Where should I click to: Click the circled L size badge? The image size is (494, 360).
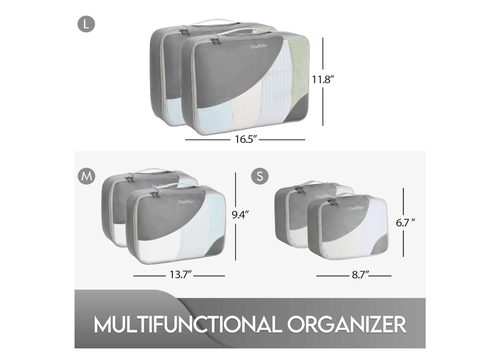pyautogui.click(x=86, y=24)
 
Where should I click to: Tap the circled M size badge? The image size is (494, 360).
pyautogui.click(x=86, y=176)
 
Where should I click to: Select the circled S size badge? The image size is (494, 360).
pyautogui.click(x=260, y=176)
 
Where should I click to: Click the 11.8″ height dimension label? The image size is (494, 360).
pyautogui.click(x=323, y=79)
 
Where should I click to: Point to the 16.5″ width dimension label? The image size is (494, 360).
pyautogui.click(x=246, y=139)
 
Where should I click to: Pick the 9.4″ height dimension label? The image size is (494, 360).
pyautogui.click(x=241, y=215)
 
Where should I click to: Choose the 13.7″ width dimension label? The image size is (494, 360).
pyautogui.click(x=181, y=275)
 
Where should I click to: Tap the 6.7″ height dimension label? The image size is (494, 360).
pyautogui.click(x=405, y=223)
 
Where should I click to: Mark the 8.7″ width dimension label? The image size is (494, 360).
pyautogui.click(x=360, y=275)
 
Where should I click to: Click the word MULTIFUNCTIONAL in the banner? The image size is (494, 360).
pyautogui.click(x=188, y=324)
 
